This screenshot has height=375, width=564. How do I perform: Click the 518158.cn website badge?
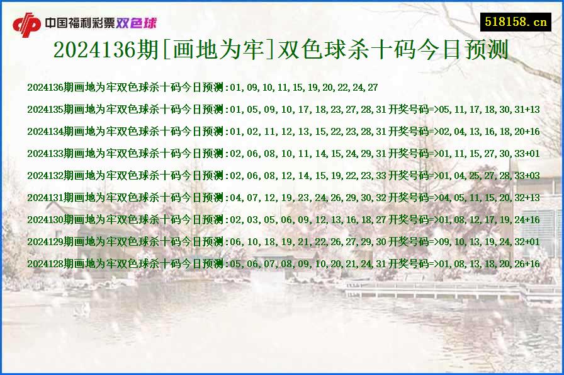click(515, 22)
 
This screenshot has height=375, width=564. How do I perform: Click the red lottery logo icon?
click(27, 25)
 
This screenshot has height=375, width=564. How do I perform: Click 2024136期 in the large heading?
click(94, 50)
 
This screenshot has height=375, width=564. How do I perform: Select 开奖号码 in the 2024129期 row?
click(408, 242)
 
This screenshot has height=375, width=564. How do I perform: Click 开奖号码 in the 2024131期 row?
click(408, 198)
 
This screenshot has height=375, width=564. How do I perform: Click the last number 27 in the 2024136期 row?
click(373, 88)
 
